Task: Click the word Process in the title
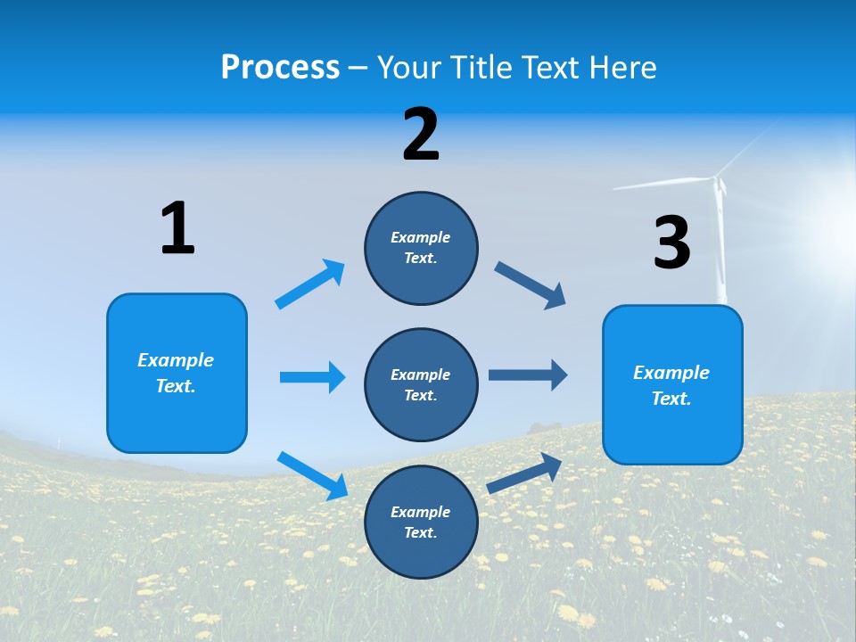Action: (x=280, y=68)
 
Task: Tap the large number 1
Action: (x=177, y=228)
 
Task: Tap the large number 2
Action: (x=421, y=135)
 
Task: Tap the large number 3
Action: (x=671, y=243)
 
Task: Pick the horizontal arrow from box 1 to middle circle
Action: (x=312, y=377)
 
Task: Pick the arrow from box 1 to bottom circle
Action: (x=312, y=474)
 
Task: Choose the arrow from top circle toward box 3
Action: (x=530, y=285)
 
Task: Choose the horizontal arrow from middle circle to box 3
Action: (x=528, y=375)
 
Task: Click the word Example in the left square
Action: (x=176, y=360)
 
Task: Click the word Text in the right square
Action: (x=670, y=399)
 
